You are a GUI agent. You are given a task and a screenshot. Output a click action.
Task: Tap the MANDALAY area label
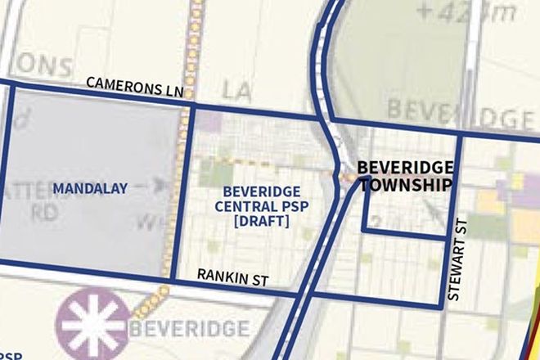[90, 189]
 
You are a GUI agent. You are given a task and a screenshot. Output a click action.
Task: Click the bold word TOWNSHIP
[406, 185]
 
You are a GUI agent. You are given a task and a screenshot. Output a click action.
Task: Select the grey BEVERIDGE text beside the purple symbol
[189, 329]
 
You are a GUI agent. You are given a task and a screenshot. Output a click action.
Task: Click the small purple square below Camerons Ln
[211, 123]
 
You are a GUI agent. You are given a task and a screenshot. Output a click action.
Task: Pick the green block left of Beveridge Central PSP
[215, 171]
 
